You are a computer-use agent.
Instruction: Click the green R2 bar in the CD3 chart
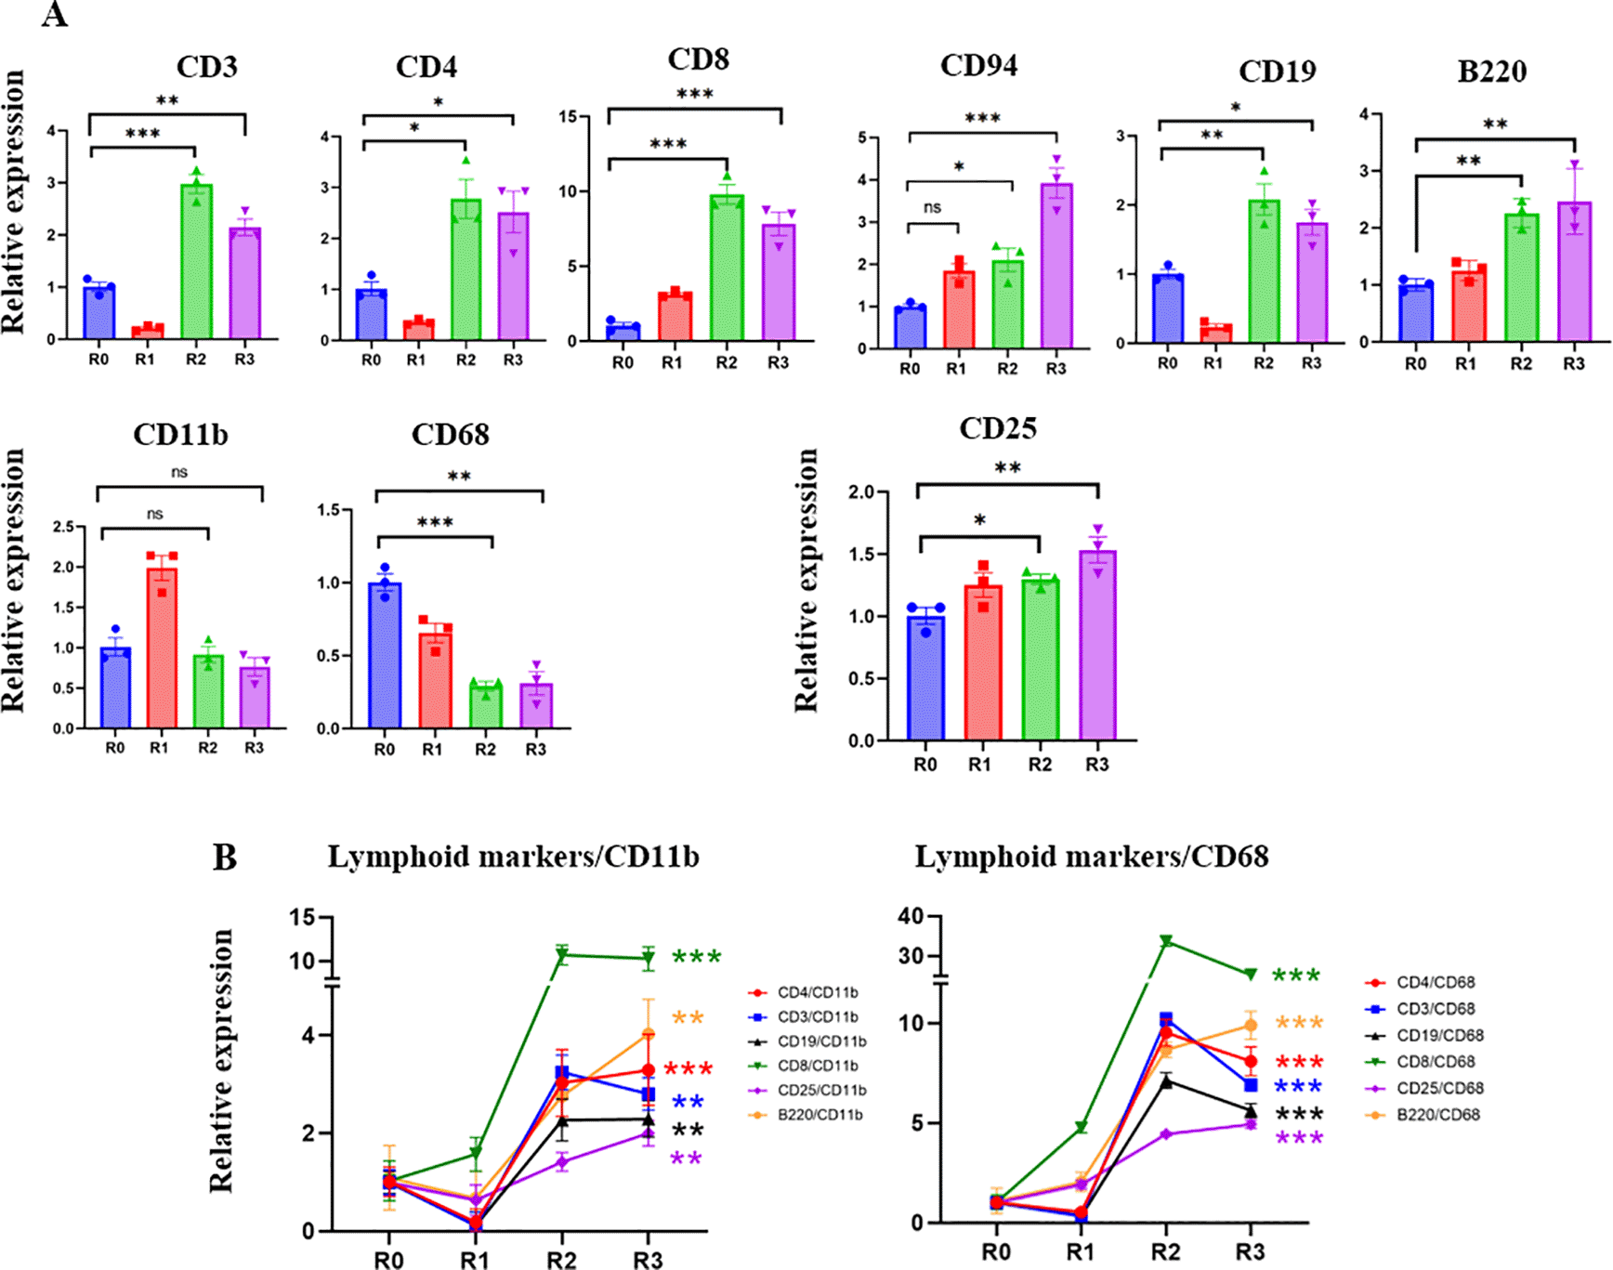tap(196, 265)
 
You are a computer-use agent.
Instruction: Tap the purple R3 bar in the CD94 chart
tap(1056, 269)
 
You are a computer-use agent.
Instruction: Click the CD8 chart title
tap(698, 59)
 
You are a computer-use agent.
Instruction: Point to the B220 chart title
tap(1491, 72)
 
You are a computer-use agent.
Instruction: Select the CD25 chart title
tap(997, 428)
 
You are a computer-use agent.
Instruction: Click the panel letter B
tap(224, 857)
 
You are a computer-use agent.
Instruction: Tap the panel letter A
tap(55, 15)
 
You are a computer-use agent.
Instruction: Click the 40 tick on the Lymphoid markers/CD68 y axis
tap(911, 917)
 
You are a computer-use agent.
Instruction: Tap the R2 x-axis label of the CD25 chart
tap(1040, 765)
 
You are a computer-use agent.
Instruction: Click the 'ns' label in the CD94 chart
tap(932, 207)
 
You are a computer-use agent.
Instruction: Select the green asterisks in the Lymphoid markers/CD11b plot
tap(696, 957)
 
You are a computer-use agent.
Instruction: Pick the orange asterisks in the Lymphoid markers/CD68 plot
tap(1299, 1023)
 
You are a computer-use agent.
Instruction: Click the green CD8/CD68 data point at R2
tap(1166, 941)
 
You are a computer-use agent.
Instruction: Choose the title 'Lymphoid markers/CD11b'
tap(513, 857)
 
